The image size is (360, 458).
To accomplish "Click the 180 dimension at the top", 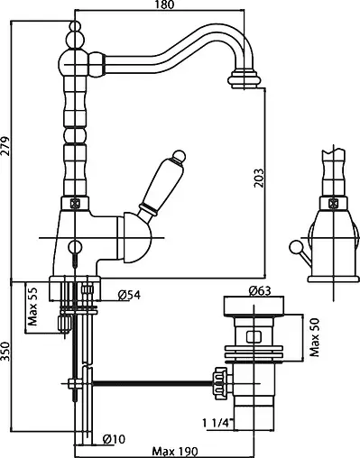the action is (x=165, y=5).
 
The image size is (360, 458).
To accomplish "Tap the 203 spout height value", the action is (x=258, y=178).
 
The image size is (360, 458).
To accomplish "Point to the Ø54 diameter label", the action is (x=129, y=295).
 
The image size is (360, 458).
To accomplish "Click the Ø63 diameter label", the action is (x=260, y=291).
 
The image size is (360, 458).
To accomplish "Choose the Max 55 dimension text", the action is (x=32, y=307).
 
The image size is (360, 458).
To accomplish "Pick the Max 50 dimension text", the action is (x=315, y=337).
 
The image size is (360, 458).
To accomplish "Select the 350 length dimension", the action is (x=5, y=352).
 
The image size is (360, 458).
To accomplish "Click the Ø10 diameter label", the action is (x=114, y=439).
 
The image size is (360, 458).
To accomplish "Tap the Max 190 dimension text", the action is (x=175, y=452).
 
